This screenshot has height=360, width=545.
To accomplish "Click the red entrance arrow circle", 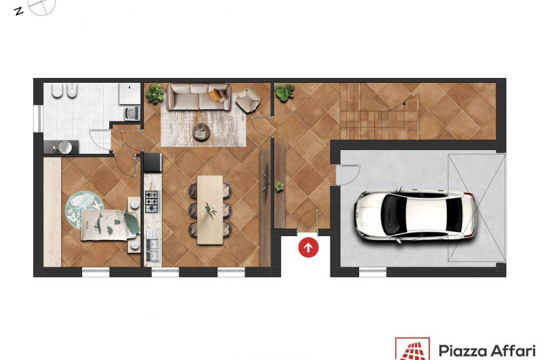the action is coord(308,247).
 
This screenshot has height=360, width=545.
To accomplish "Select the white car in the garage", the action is coord(415,215).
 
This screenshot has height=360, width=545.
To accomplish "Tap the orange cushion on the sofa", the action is coord(216,95).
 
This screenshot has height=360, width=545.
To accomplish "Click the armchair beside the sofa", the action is coord(247,100).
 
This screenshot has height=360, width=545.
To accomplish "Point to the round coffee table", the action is coord(202,132).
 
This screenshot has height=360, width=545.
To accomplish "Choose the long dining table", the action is coord(211,210).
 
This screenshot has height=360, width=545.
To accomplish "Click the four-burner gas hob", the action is coord(151,202).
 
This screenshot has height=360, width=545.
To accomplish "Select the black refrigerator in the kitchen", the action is coord(153,163).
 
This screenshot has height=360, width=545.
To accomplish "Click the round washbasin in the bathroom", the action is coord(65,147).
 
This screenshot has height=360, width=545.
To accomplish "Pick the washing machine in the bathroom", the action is coord(132,113).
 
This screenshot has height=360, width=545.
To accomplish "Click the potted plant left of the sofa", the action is coord(155,93).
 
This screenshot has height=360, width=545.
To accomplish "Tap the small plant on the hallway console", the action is coord(279,187).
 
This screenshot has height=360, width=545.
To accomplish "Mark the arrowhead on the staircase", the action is coord(404,103).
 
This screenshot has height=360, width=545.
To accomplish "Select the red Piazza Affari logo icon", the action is coord(412,349).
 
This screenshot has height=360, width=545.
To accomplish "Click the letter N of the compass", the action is coord(19,11).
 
